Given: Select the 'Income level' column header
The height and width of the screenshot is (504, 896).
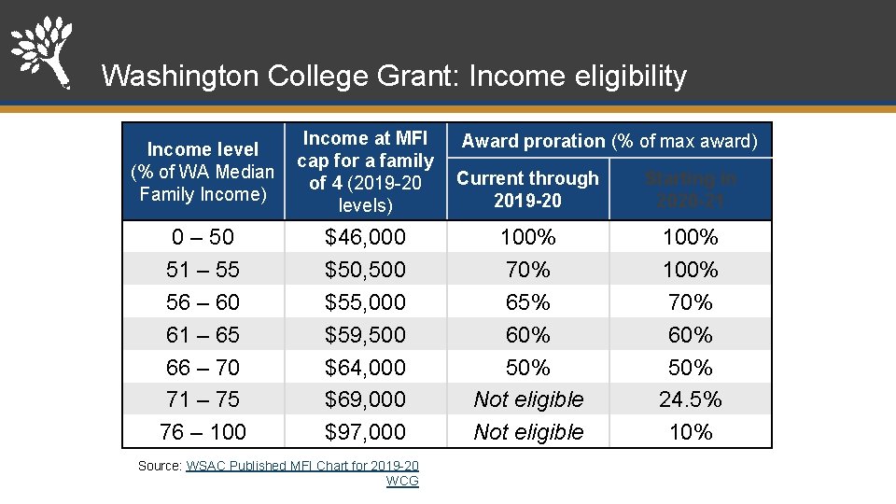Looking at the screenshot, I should pos(203,172).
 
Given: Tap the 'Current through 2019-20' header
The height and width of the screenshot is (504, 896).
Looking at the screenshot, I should pos(527,189).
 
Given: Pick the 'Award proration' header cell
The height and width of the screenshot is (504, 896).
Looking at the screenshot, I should pos(609,141).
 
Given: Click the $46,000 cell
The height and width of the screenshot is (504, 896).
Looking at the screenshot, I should pos(365,237).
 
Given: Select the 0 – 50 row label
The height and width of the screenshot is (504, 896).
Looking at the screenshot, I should pos(203,237).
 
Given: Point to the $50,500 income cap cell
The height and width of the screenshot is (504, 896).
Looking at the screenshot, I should pos(365,270).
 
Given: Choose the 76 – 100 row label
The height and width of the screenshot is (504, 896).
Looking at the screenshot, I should pos(203,432).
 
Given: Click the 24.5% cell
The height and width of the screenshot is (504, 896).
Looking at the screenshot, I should pos(691,399).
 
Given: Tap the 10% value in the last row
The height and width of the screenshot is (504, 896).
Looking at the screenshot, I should pos(691,432).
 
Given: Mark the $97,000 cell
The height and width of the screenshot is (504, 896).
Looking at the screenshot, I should pos(365,432).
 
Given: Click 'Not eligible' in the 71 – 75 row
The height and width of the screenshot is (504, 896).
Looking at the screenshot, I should pos(528,399).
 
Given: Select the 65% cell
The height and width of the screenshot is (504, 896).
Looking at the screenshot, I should pos(528,302).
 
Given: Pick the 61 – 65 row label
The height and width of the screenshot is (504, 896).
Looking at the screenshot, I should pos(203,335).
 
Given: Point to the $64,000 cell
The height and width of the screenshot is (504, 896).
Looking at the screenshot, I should pos(365,368).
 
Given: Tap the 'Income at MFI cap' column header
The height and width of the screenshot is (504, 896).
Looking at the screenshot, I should pos(365,172).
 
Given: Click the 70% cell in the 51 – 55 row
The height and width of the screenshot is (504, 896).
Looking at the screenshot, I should pos(528,270).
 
